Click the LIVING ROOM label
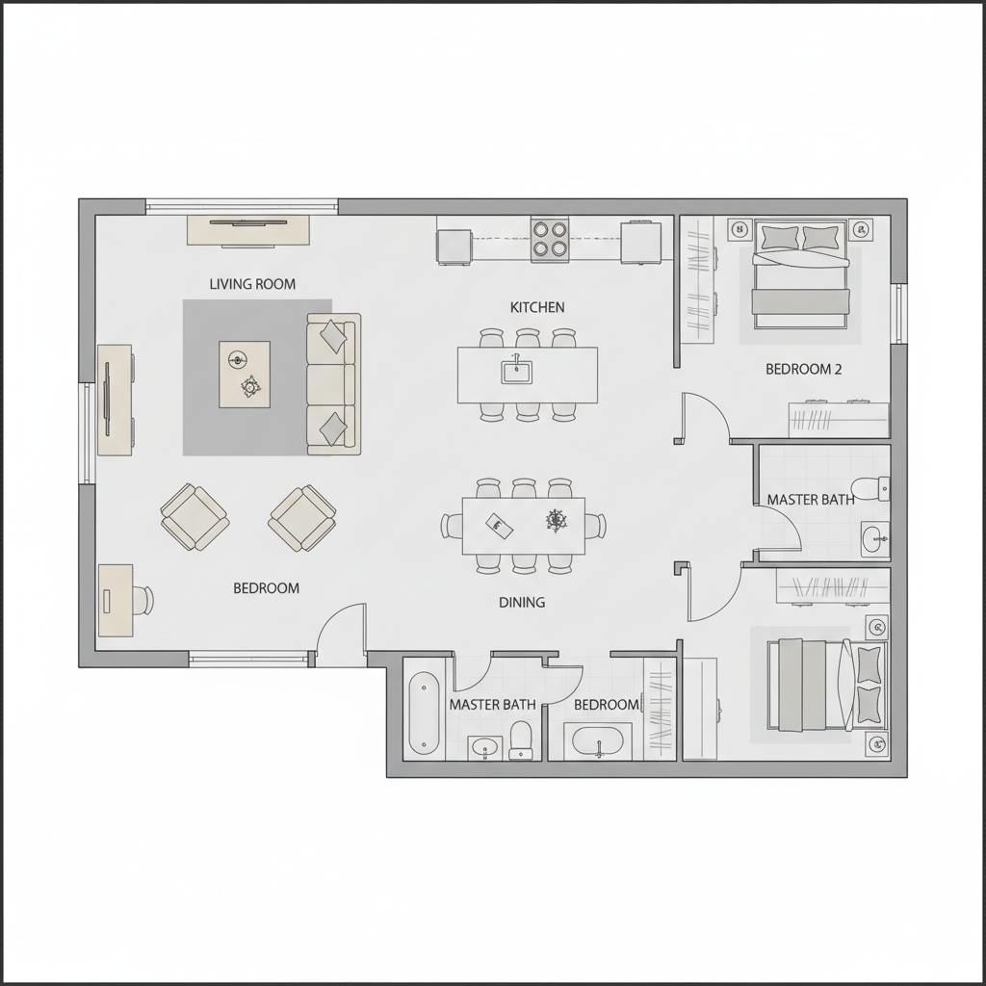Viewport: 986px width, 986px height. point(252,284)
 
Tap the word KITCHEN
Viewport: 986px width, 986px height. point(537,307)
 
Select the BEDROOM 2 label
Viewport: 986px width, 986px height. point(803,369)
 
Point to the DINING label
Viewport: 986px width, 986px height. point(522,603)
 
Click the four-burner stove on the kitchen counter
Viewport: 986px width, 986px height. point(550,239)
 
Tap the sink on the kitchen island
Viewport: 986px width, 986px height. point(517,371)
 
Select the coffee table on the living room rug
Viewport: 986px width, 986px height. point(245,375)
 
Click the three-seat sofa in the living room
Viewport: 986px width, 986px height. point(333,383)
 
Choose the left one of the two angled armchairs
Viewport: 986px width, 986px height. point(195,517)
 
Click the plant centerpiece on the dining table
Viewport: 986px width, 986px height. point(556,520)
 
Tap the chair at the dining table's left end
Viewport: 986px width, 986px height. point(453,526)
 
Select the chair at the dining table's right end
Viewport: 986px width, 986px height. point(595,526)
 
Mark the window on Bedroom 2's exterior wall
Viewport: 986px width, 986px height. point(900,313)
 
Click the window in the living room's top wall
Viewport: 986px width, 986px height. point(242,206)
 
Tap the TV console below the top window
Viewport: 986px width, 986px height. point(248,230)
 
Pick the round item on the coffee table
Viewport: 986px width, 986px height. point(238,360)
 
